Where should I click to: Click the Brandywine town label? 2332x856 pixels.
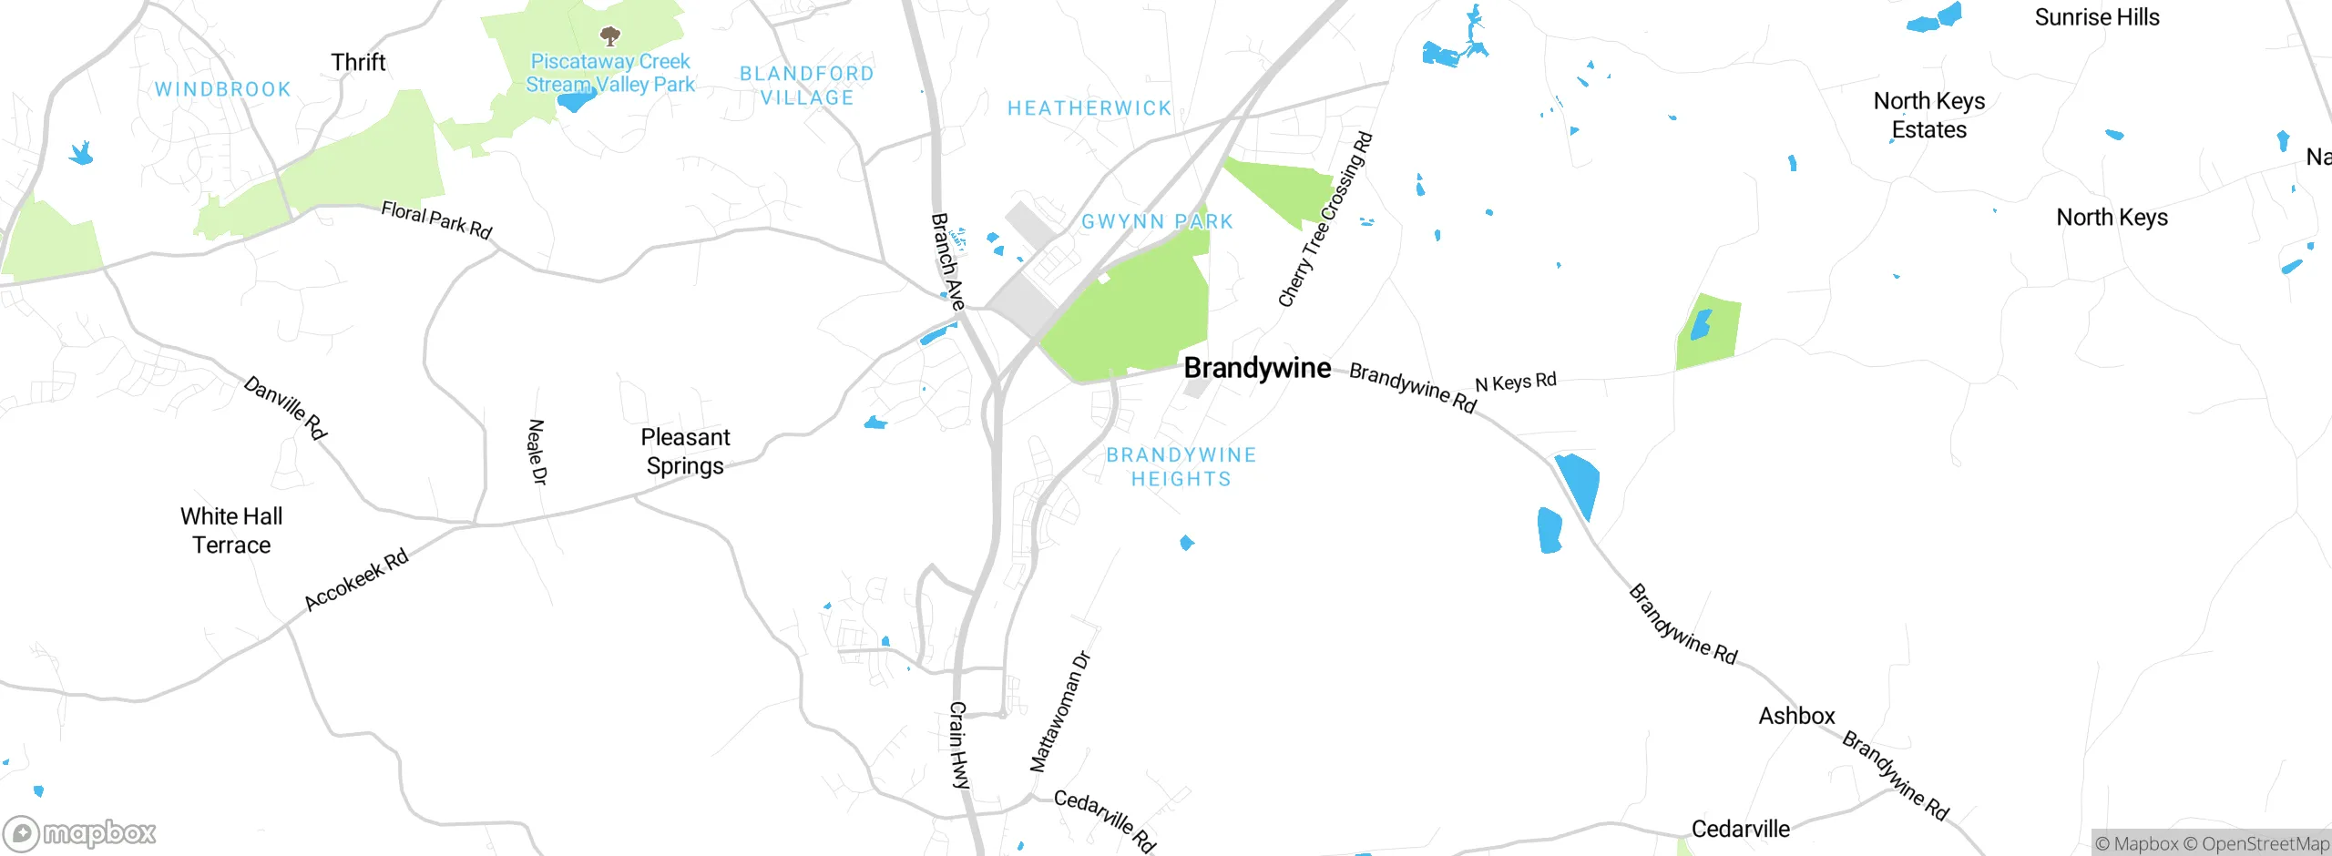1257,368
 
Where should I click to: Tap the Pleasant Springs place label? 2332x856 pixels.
685,452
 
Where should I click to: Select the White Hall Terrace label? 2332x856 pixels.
231,531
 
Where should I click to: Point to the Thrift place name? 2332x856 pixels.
358,62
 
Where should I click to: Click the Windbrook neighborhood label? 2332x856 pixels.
222,89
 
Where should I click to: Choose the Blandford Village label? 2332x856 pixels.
807,86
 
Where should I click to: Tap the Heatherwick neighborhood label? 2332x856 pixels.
1089,108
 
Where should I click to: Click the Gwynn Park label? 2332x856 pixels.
1157,221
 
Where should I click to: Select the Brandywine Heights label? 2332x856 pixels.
1181,467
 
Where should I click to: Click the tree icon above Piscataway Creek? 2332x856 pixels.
610,36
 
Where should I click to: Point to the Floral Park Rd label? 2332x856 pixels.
436,220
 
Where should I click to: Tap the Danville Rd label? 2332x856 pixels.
285,407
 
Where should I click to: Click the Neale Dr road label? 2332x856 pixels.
537,452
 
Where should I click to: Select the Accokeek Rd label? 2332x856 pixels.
356,580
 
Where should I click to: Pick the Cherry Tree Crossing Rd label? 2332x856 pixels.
1325,219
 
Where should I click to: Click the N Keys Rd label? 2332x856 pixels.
1515,382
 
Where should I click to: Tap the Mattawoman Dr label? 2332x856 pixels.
1059,711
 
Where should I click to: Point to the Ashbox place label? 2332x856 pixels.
1796,716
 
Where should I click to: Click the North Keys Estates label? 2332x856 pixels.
1929,116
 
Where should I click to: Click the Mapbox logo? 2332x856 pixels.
80,833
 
